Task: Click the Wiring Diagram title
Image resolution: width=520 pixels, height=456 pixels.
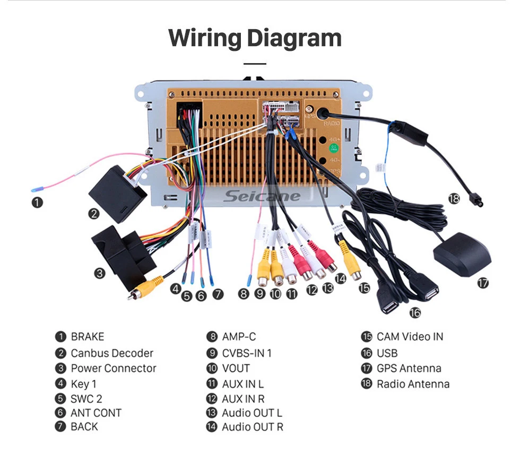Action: (x=255, y=39)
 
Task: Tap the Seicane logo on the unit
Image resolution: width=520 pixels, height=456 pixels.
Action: (x=261, y=196)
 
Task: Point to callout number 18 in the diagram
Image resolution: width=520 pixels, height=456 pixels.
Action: (x=454, y=198)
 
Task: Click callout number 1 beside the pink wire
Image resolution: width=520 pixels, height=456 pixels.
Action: (x=36, y=202)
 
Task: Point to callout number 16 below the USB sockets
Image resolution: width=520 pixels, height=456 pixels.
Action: (x=415, y=313)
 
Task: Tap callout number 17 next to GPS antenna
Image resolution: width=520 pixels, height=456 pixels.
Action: (x=482, y=283)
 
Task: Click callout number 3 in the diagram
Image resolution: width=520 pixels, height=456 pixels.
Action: (x=100, y=274)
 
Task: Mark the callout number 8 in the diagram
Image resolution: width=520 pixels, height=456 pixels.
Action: (x=243, y=293)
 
